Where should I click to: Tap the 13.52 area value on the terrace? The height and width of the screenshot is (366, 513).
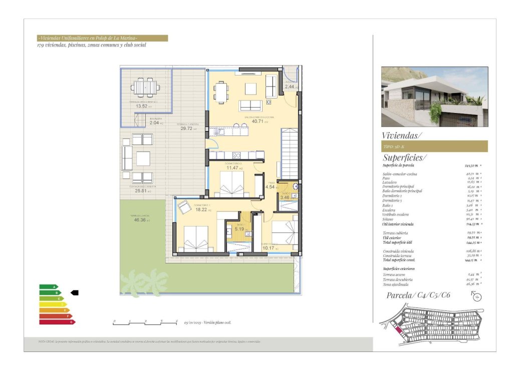142,106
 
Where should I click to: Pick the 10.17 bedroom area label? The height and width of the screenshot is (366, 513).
269,248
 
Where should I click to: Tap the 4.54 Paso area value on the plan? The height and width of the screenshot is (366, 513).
270,187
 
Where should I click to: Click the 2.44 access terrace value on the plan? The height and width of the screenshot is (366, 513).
290,86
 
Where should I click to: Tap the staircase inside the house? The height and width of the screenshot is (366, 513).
289,153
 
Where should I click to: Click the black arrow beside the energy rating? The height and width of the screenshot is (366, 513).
75,292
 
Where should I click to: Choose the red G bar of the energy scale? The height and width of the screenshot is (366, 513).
57,322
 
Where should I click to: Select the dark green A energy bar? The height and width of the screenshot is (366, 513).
48,286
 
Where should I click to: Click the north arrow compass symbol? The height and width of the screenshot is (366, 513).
477,297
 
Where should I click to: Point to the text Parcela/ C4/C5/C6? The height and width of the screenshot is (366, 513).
416,295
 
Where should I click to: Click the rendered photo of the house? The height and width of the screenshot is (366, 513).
434,96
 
